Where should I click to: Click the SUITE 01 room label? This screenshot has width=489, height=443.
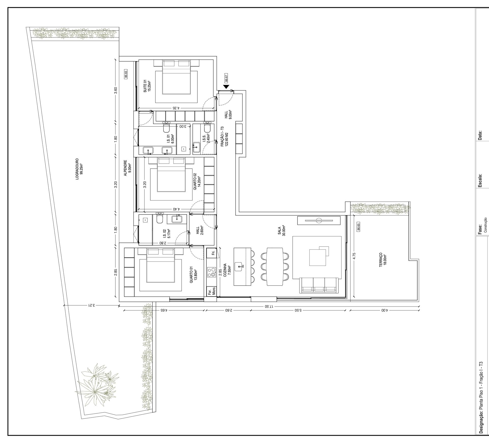pyautogui.click(x=147, y=86)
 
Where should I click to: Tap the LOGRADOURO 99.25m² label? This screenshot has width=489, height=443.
pyautogui.click(x=79, y=169)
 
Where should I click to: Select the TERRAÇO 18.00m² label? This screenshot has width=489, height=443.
pyautogui.click(x=383, y=260)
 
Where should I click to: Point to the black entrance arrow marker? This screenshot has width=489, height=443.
pyautogui.click(x=226, y=87)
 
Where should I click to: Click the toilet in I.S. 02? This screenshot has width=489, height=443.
pyautogui.click(x=160, y=219)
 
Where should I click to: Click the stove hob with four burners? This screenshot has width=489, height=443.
pyautogui.click(x=211, y=272)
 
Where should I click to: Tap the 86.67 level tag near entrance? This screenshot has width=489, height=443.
pyautogui.click(x=226, y=78)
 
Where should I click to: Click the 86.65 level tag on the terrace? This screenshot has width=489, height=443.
pyautogui.click(x=358, y=227)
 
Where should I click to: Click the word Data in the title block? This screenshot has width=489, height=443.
pyautogui.click(x=480, y=135)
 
